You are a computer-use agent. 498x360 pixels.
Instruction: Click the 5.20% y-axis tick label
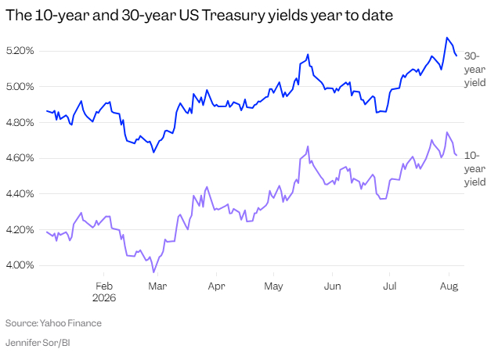[x=20, y=50]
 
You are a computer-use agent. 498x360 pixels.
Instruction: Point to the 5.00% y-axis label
[x=20, y=86]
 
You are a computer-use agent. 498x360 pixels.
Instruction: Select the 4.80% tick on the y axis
[x=20, y=122]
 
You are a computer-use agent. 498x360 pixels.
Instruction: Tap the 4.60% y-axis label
[x=20, y=158]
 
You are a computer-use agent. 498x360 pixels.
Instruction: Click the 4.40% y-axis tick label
[x=20, y=193]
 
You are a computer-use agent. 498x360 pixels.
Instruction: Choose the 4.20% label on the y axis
[x=20, y=229]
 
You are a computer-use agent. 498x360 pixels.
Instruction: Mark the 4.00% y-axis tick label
[x=20, y=265]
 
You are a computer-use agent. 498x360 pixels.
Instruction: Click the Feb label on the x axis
[x=104, y=286]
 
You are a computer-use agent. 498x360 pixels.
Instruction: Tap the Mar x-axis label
[x=157, y=286]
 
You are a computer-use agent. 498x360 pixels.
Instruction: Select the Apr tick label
[x=216, y=286]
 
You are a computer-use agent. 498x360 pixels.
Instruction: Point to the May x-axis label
[x=273, y=286]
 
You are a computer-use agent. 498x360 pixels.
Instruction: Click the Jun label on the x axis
[x=332, y=286]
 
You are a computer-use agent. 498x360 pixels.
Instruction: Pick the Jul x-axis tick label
[x=389, y=286]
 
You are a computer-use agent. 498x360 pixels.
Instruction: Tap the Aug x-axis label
[x=449, y=286]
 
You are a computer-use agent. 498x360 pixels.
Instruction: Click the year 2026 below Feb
[x=104, y=297]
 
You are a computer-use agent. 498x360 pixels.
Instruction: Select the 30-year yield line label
[x=475, y=69]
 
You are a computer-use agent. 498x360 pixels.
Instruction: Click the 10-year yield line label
[x=475, y=168]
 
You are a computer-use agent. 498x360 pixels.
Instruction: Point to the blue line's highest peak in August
[x=447, y=38]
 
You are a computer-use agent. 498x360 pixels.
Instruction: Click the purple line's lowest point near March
[x=153, y=272]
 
